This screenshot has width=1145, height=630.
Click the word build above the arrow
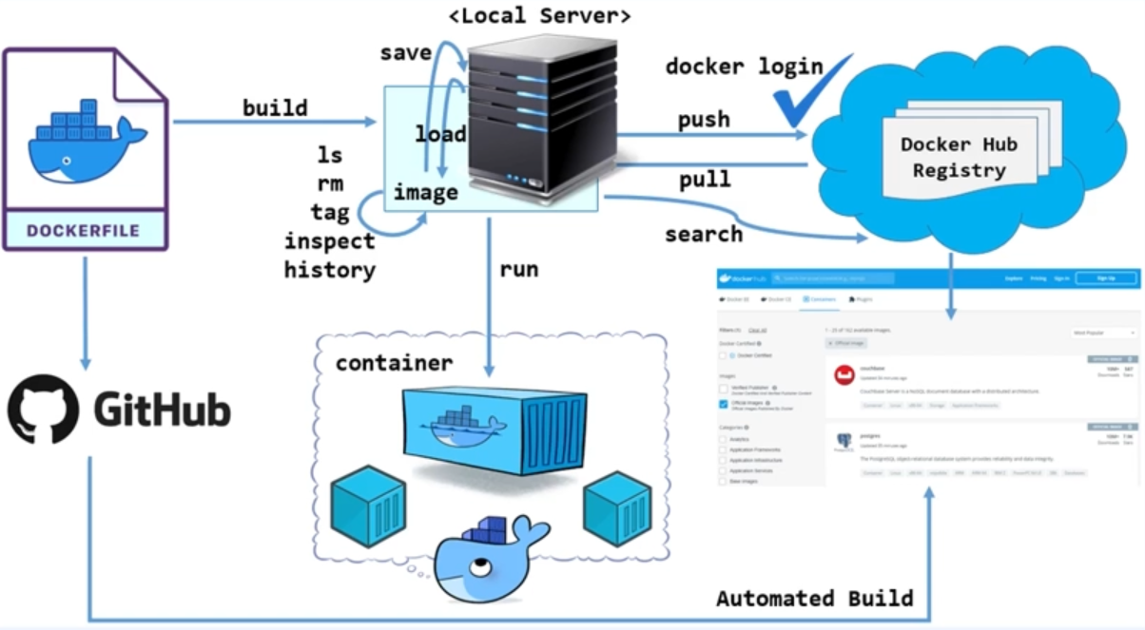(275, 108)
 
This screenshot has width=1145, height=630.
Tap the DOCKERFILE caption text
(83, 230)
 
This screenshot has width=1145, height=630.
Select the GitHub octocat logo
(43, 409)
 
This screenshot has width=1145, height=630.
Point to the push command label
(704, 120)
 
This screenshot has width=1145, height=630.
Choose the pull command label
(704, 179)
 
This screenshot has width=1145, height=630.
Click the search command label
(704, 234)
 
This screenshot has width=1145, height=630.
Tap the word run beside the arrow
(519, 269)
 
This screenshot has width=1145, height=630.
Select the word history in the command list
(329, 270)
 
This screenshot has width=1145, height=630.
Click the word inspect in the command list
(329, 241)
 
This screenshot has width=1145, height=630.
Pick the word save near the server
(406, 52)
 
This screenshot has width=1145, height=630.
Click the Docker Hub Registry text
(959, 158)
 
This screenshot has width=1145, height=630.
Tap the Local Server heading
(540, 15)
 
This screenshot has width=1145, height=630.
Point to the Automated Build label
(814, 599)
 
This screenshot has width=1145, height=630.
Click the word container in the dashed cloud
(394, 364)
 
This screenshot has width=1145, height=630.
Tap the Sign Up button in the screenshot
(1105, 278)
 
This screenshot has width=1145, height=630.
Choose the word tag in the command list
(329, 212)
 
